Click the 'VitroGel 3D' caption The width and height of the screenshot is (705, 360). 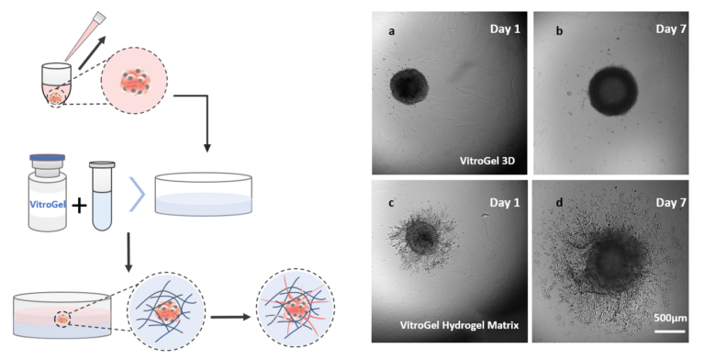click(x=489, y=159)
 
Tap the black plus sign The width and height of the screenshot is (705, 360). click(x=80, y=204)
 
